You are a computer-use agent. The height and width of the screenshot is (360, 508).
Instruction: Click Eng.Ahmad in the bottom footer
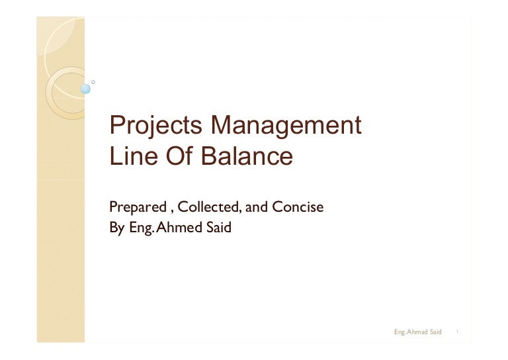409,331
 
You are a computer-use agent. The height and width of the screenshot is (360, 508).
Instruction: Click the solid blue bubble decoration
85,89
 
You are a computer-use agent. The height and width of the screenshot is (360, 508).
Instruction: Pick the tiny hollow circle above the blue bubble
93,81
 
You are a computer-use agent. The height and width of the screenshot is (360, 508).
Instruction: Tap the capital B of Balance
213,157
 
